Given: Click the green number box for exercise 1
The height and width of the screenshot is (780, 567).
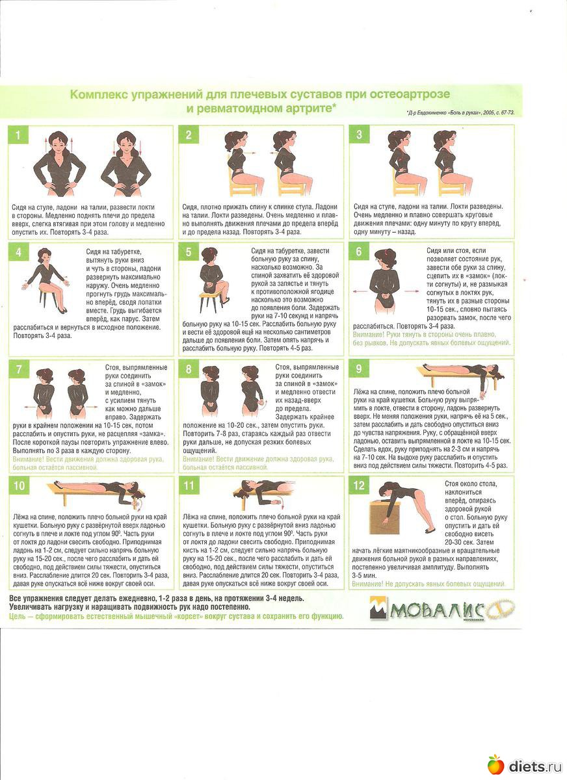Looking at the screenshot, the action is tap(18, 135).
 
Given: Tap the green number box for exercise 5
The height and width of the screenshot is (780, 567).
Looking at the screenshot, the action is tap(189, 252).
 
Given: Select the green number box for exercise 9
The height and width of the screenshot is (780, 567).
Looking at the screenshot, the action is tap(359, 369).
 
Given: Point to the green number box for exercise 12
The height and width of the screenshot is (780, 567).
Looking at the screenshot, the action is tap(359, 485).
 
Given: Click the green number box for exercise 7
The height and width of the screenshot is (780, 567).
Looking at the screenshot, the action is tap(18, 369).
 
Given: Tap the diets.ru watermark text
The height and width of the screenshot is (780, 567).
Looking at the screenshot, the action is tap(535, 766).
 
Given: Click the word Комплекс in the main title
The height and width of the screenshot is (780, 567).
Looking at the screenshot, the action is tap(99, 95).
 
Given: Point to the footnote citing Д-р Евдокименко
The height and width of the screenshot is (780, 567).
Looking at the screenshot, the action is tap(460, 113).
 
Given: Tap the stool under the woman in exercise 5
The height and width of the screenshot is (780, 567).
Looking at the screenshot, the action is tap(211, 302).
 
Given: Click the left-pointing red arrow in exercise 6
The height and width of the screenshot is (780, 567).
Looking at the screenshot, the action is tap(360, 291).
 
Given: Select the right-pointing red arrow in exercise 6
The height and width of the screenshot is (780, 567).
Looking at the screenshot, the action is tap(412, 291).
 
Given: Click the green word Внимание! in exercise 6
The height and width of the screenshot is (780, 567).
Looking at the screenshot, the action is tap(369, 335).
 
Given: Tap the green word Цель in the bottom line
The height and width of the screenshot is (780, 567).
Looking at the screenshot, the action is tap(17, 616).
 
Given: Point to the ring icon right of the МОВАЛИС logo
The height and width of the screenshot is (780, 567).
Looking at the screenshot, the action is tap(501, 608).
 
